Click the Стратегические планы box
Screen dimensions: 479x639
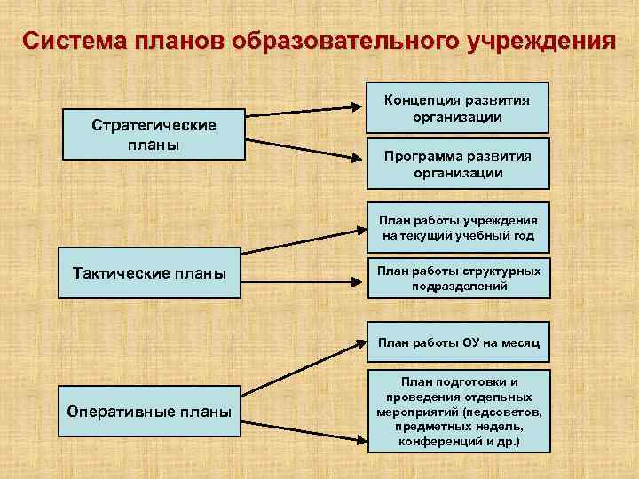pyautogui.click(x=154, y=135)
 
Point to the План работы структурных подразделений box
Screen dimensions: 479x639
pyautogui.click(x=459, y=279)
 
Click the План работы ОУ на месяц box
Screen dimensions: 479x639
pyautogui.click(x=459, y=342)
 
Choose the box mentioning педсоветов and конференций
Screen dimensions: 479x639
pyautogui.click(x=459, y=411)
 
